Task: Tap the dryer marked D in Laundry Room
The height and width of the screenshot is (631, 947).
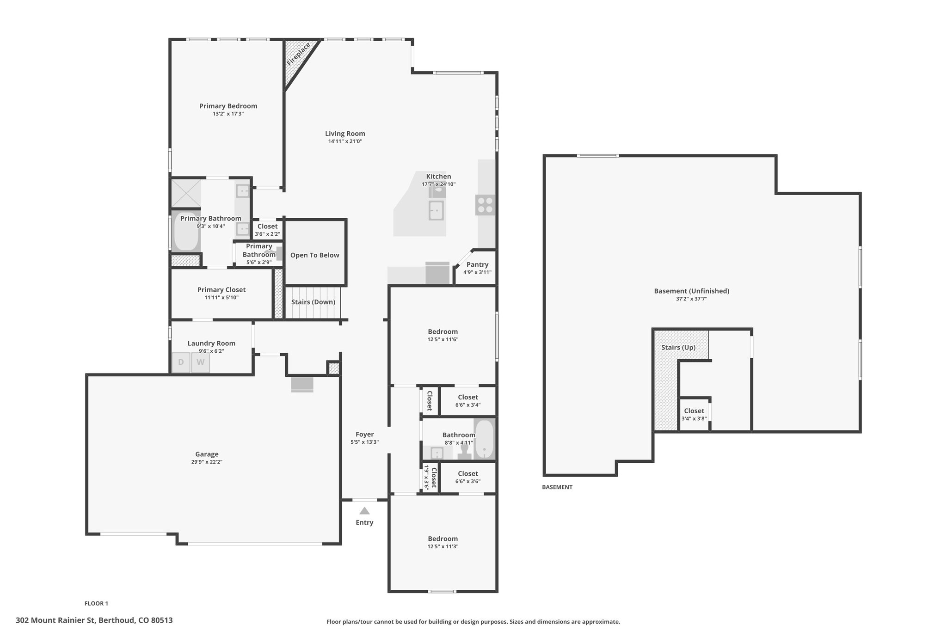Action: (181, 362)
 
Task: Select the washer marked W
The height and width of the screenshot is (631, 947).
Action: (201, 362)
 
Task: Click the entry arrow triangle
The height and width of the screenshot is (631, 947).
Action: (364, 511)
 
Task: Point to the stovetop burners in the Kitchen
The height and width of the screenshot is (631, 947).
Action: (485, 205)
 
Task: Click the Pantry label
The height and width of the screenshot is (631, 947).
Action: (477, 264)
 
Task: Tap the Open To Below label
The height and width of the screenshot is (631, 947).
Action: (314, 255)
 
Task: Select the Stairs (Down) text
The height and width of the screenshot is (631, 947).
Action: (313, 302)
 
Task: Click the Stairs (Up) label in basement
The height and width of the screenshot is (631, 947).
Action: (678, 348)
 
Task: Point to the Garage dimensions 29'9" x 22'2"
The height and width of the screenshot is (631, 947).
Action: (207, 462)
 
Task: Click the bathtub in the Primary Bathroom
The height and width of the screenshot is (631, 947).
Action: (186, 231)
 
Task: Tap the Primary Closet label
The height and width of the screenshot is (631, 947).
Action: (221, 290)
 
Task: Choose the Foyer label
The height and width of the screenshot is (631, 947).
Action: (364, 435)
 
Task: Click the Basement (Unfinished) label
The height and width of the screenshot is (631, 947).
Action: (692, 291)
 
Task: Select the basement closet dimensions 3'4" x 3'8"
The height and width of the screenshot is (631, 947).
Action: (694, 419)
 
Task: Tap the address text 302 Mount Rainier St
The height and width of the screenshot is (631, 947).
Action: (55, 620)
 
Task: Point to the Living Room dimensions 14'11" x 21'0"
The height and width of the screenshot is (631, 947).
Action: (345, 141)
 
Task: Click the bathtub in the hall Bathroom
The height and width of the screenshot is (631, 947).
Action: (484, 439)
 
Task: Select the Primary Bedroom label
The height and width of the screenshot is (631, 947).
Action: (228, 106)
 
